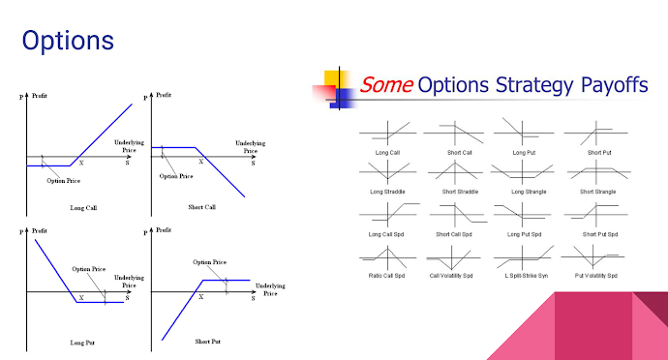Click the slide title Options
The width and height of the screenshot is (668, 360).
[68, 41]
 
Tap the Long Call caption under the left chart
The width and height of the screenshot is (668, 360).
[84, 208]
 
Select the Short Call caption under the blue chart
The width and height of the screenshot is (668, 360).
[202, 208]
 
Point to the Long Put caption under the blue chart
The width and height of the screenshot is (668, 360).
[84, 343]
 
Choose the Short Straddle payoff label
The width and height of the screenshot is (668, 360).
[461, 192]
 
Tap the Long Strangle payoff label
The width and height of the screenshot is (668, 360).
[529, 192]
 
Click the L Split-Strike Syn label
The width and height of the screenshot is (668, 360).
[529, 275]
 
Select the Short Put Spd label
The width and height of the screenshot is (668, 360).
[600, 233]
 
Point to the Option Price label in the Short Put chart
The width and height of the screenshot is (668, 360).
[209, 262]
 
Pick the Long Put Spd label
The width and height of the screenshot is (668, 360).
[529, 233]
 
